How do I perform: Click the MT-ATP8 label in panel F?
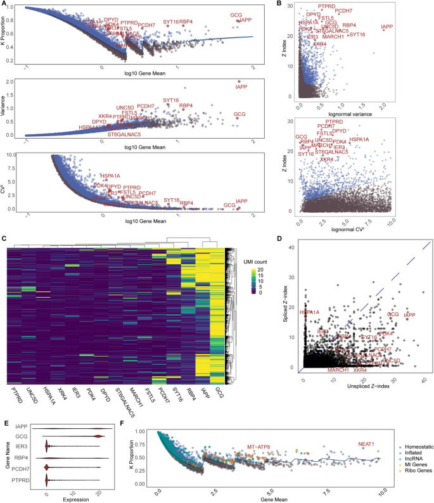coord(257,447)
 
